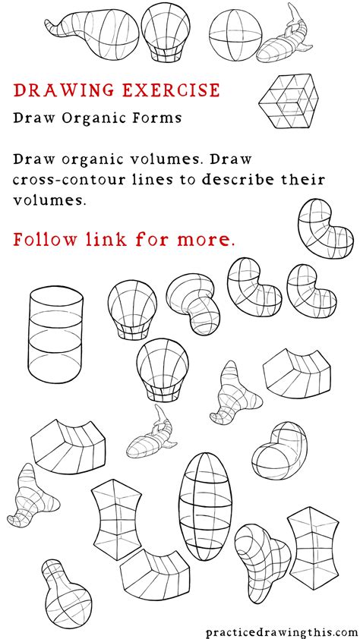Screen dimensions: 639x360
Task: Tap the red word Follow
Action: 43,240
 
